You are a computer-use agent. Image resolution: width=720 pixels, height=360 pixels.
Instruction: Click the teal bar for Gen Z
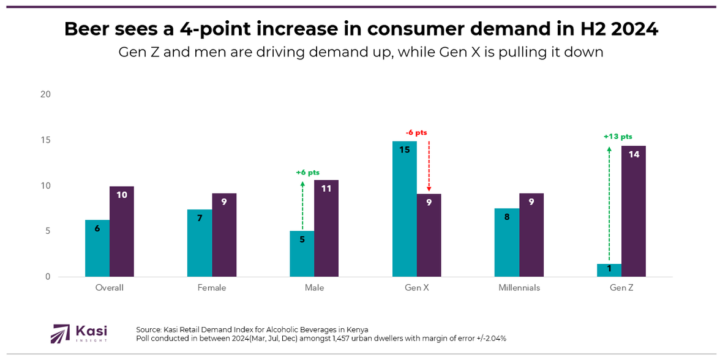(609, 270)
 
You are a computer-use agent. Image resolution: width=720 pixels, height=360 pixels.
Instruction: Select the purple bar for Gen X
(429, 235)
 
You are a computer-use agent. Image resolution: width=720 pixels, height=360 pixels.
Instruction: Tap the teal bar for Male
(302, 253)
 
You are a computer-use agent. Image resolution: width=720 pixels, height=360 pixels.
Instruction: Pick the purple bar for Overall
(122, 231)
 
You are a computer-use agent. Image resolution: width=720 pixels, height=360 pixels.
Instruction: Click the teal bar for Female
(200, 243)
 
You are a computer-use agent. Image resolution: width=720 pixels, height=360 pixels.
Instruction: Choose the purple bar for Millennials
(531, 235)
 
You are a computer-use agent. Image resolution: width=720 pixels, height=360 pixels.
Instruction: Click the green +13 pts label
(617, 137)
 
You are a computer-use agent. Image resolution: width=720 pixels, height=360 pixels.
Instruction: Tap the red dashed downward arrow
(429, 166)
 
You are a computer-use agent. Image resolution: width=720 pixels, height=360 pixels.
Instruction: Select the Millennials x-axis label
(519, 288)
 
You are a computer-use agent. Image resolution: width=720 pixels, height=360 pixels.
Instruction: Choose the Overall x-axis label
(110, 288)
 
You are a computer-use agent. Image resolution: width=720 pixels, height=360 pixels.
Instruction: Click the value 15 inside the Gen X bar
(405, 149)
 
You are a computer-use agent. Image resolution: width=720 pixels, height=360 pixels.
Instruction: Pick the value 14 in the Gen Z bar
(634, 154)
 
